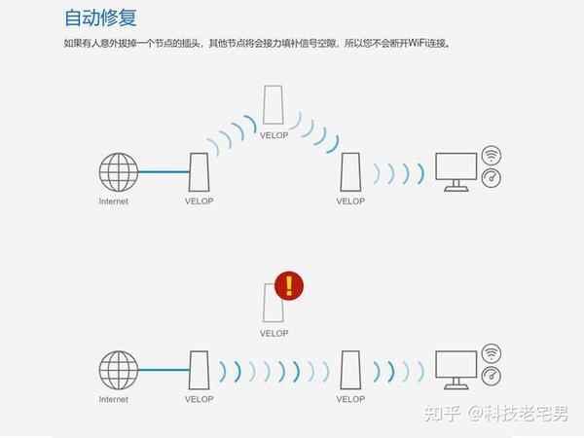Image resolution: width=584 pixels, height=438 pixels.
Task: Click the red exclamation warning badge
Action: pos(289,285)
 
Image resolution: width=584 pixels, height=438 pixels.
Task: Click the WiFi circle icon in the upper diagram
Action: pos(492,156)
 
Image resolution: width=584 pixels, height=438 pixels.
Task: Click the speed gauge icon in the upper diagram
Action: pos(492,179)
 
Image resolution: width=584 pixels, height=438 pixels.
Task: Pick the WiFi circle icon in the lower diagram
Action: pos(492,353)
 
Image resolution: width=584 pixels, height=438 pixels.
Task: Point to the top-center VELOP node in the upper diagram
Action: pos(274,103)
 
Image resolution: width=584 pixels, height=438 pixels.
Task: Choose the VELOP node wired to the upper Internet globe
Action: pos(199,173)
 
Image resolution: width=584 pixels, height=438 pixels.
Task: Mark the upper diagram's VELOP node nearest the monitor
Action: pos(350,173)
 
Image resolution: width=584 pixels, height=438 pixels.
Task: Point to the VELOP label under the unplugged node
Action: pos(274,333)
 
